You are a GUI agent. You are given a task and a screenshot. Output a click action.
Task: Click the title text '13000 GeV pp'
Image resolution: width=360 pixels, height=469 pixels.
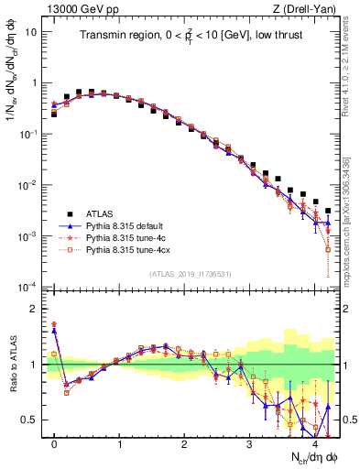click(x=77, y=8)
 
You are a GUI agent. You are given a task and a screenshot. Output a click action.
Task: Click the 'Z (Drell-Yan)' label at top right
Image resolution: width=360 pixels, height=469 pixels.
click(x=307, y=8)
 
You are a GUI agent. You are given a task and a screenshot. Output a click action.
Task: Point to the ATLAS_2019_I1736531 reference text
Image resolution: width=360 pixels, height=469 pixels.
click(x=191, y=274)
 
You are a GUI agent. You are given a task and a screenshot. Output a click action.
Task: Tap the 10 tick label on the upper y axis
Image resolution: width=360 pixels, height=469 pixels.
click(x=30, y=31)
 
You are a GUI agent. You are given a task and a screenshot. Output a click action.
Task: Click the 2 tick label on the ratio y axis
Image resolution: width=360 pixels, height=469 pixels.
click(x=33, y=309)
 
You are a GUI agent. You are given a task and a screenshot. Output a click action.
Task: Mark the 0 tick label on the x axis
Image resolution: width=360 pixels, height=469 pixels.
click(x=54, y=443)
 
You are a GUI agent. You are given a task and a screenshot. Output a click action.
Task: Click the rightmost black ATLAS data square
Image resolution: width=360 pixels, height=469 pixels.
click(x=328, y=211)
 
